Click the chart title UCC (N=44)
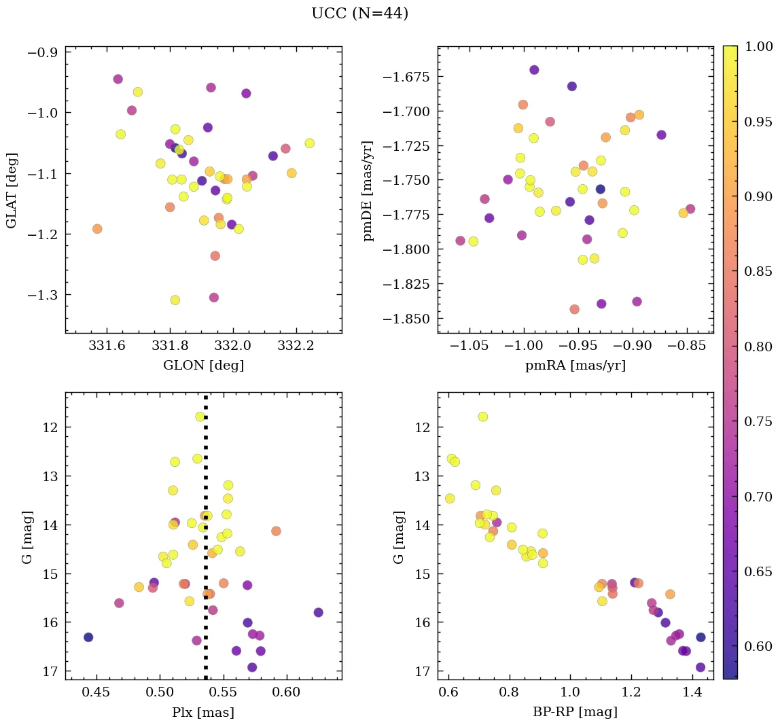point(359,14)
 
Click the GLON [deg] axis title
point(203,366)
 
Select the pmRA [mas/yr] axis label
point(575,366)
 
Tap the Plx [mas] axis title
point(203,712)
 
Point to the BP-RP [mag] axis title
point(575,712)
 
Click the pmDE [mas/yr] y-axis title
point(369,190)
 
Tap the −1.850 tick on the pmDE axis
point(405,319)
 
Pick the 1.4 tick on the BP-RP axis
point(692,692)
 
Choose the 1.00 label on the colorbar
point(760,46)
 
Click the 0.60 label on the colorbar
point(760,645)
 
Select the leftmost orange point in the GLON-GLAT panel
point(97,229)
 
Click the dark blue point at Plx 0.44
point(88,637)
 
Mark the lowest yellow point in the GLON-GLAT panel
point(175,300)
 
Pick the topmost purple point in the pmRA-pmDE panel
point(534,70)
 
